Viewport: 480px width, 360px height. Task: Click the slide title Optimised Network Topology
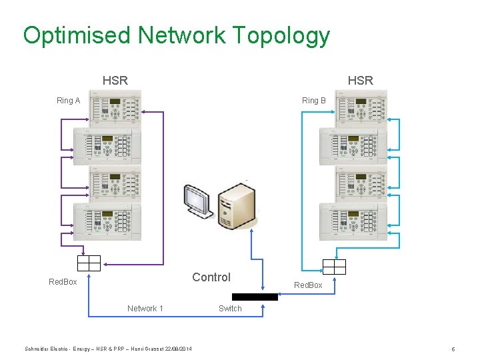coord(176,35)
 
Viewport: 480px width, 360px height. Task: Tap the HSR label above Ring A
coord(115,81)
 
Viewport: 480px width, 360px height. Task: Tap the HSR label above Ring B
coord(360,81)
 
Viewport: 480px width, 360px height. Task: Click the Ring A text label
coord(68,101)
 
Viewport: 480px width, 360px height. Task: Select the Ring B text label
coord(313,101)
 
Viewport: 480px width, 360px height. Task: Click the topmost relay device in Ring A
coord(115,109)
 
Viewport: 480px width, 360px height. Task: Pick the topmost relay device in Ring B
coord(361,109)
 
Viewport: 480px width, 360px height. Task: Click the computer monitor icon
coord(198,201)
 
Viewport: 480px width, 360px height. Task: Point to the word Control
coord(211,277)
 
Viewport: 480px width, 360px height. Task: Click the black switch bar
coord(255,297)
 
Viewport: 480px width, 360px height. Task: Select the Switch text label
coord(230,309)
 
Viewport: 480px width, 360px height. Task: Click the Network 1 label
coord(145,309)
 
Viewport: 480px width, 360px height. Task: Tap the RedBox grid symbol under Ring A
coord(89,263)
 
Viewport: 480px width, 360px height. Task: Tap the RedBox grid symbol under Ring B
coord(334,267)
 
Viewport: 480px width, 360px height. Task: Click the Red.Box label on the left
coord(63,282)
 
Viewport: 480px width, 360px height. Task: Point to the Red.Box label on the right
coord(308,285)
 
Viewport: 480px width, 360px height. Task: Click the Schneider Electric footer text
coord(108,349)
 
